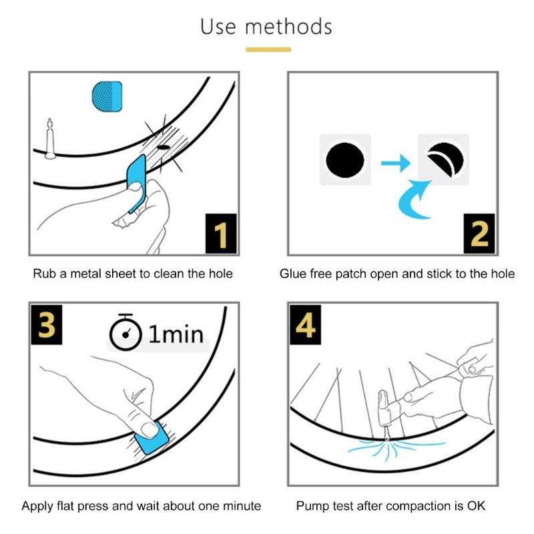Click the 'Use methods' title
pos(266,27)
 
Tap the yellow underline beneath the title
pos(268,49)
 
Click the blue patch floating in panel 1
pos(107,96)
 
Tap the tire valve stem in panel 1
pos(49,140)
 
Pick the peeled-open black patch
pos(443,160)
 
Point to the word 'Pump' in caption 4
pos(312,505)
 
